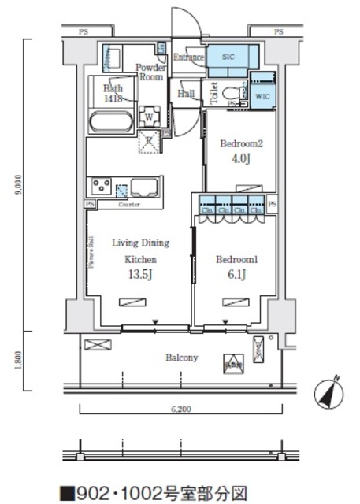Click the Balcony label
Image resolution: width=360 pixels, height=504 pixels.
(x=181, y=358)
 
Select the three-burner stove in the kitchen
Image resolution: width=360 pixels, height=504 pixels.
(x=102, y=187)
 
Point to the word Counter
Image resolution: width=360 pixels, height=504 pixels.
(x=129, y=205)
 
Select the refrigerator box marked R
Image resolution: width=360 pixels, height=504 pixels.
(x=148, y=141)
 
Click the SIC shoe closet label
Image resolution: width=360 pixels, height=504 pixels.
(x=228, y=57)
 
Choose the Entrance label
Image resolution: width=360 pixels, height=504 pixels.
(x=189, y=57)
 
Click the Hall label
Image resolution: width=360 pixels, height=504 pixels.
(x=187, y=94)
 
